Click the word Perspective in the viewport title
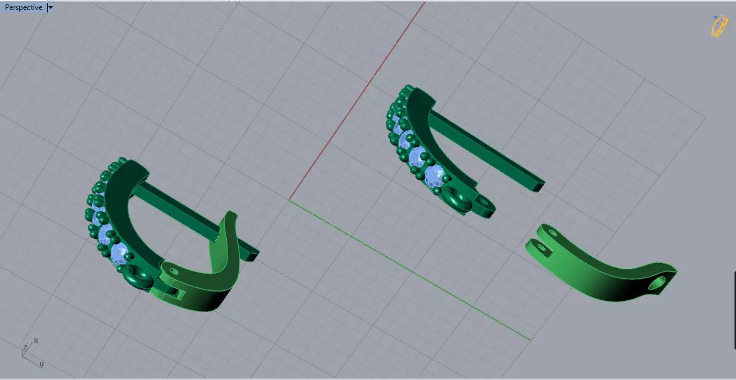tap(23, 7)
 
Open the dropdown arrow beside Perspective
tap(50, 7)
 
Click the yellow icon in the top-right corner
tap(719, 26)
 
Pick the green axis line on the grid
tap(408, 269)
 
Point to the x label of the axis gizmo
tap(36, 341)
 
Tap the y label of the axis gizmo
tap(41, 364)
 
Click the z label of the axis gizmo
tap(25, 347)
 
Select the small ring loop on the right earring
tap(457, 197)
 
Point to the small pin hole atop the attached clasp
tap(173, 271)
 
